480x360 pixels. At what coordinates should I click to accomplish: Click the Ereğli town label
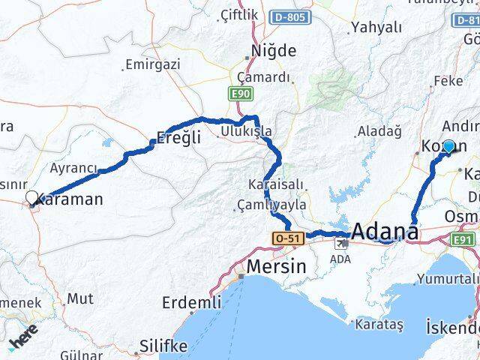(178, 138)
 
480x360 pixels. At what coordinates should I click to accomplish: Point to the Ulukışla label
(246, 132)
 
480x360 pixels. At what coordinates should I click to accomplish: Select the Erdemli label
(191, 302)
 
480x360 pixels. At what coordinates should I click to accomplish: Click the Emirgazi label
(153, 64)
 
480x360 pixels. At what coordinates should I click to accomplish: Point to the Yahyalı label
(376, 28)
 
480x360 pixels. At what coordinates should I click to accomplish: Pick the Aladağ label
(379, 131)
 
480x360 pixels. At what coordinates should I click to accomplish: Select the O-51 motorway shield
(287, 238)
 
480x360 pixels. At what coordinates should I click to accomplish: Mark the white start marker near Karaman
(31, 198)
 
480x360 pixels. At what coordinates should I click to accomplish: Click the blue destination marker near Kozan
(448, 146)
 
